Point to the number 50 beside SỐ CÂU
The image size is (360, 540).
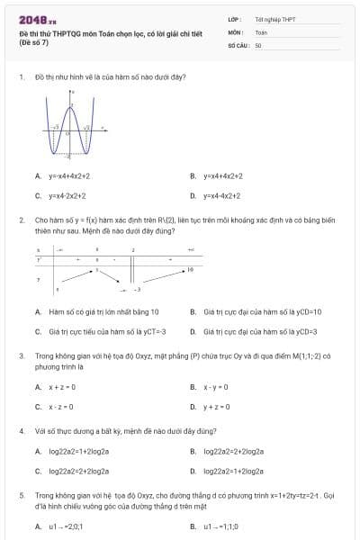258,44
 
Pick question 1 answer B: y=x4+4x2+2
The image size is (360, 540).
223,176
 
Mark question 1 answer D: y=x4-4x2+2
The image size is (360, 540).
222,194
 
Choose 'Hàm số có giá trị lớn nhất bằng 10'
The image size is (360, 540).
94,312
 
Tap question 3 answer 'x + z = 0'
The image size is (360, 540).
62,387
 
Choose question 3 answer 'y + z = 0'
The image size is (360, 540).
217,406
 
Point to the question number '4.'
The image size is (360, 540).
21,431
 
